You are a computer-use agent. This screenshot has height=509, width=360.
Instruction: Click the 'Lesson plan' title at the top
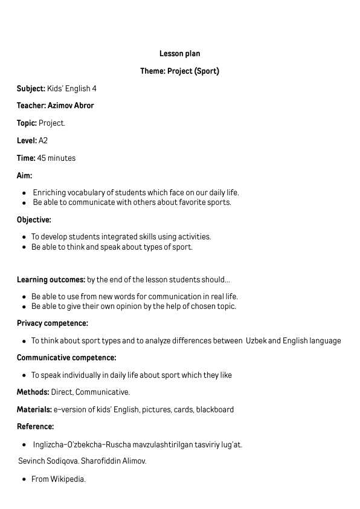point(179,54)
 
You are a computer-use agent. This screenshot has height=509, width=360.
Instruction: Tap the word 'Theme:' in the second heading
point(153,71)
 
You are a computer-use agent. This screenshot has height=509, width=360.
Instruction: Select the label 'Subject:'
point(31,89)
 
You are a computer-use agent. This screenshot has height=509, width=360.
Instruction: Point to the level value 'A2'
point(43,141)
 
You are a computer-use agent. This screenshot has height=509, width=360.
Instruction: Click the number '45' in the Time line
point(42,158)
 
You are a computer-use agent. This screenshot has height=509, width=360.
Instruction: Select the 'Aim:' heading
point(24,176)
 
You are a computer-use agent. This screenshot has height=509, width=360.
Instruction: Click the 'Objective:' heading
point(34,220)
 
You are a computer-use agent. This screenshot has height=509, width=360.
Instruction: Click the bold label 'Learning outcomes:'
point(51,280)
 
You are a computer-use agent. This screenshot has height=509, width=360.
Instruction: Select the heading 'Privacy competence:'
point(52,323)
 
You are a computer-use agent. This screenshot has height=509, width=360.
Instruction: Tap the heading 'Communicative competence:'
point(66,358)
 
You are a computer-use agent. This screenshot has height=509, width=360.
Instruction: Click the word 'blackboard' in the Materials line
point(214,410)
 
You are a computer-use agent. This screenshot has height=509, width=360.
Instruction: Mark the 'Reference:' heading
point(35,427)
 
